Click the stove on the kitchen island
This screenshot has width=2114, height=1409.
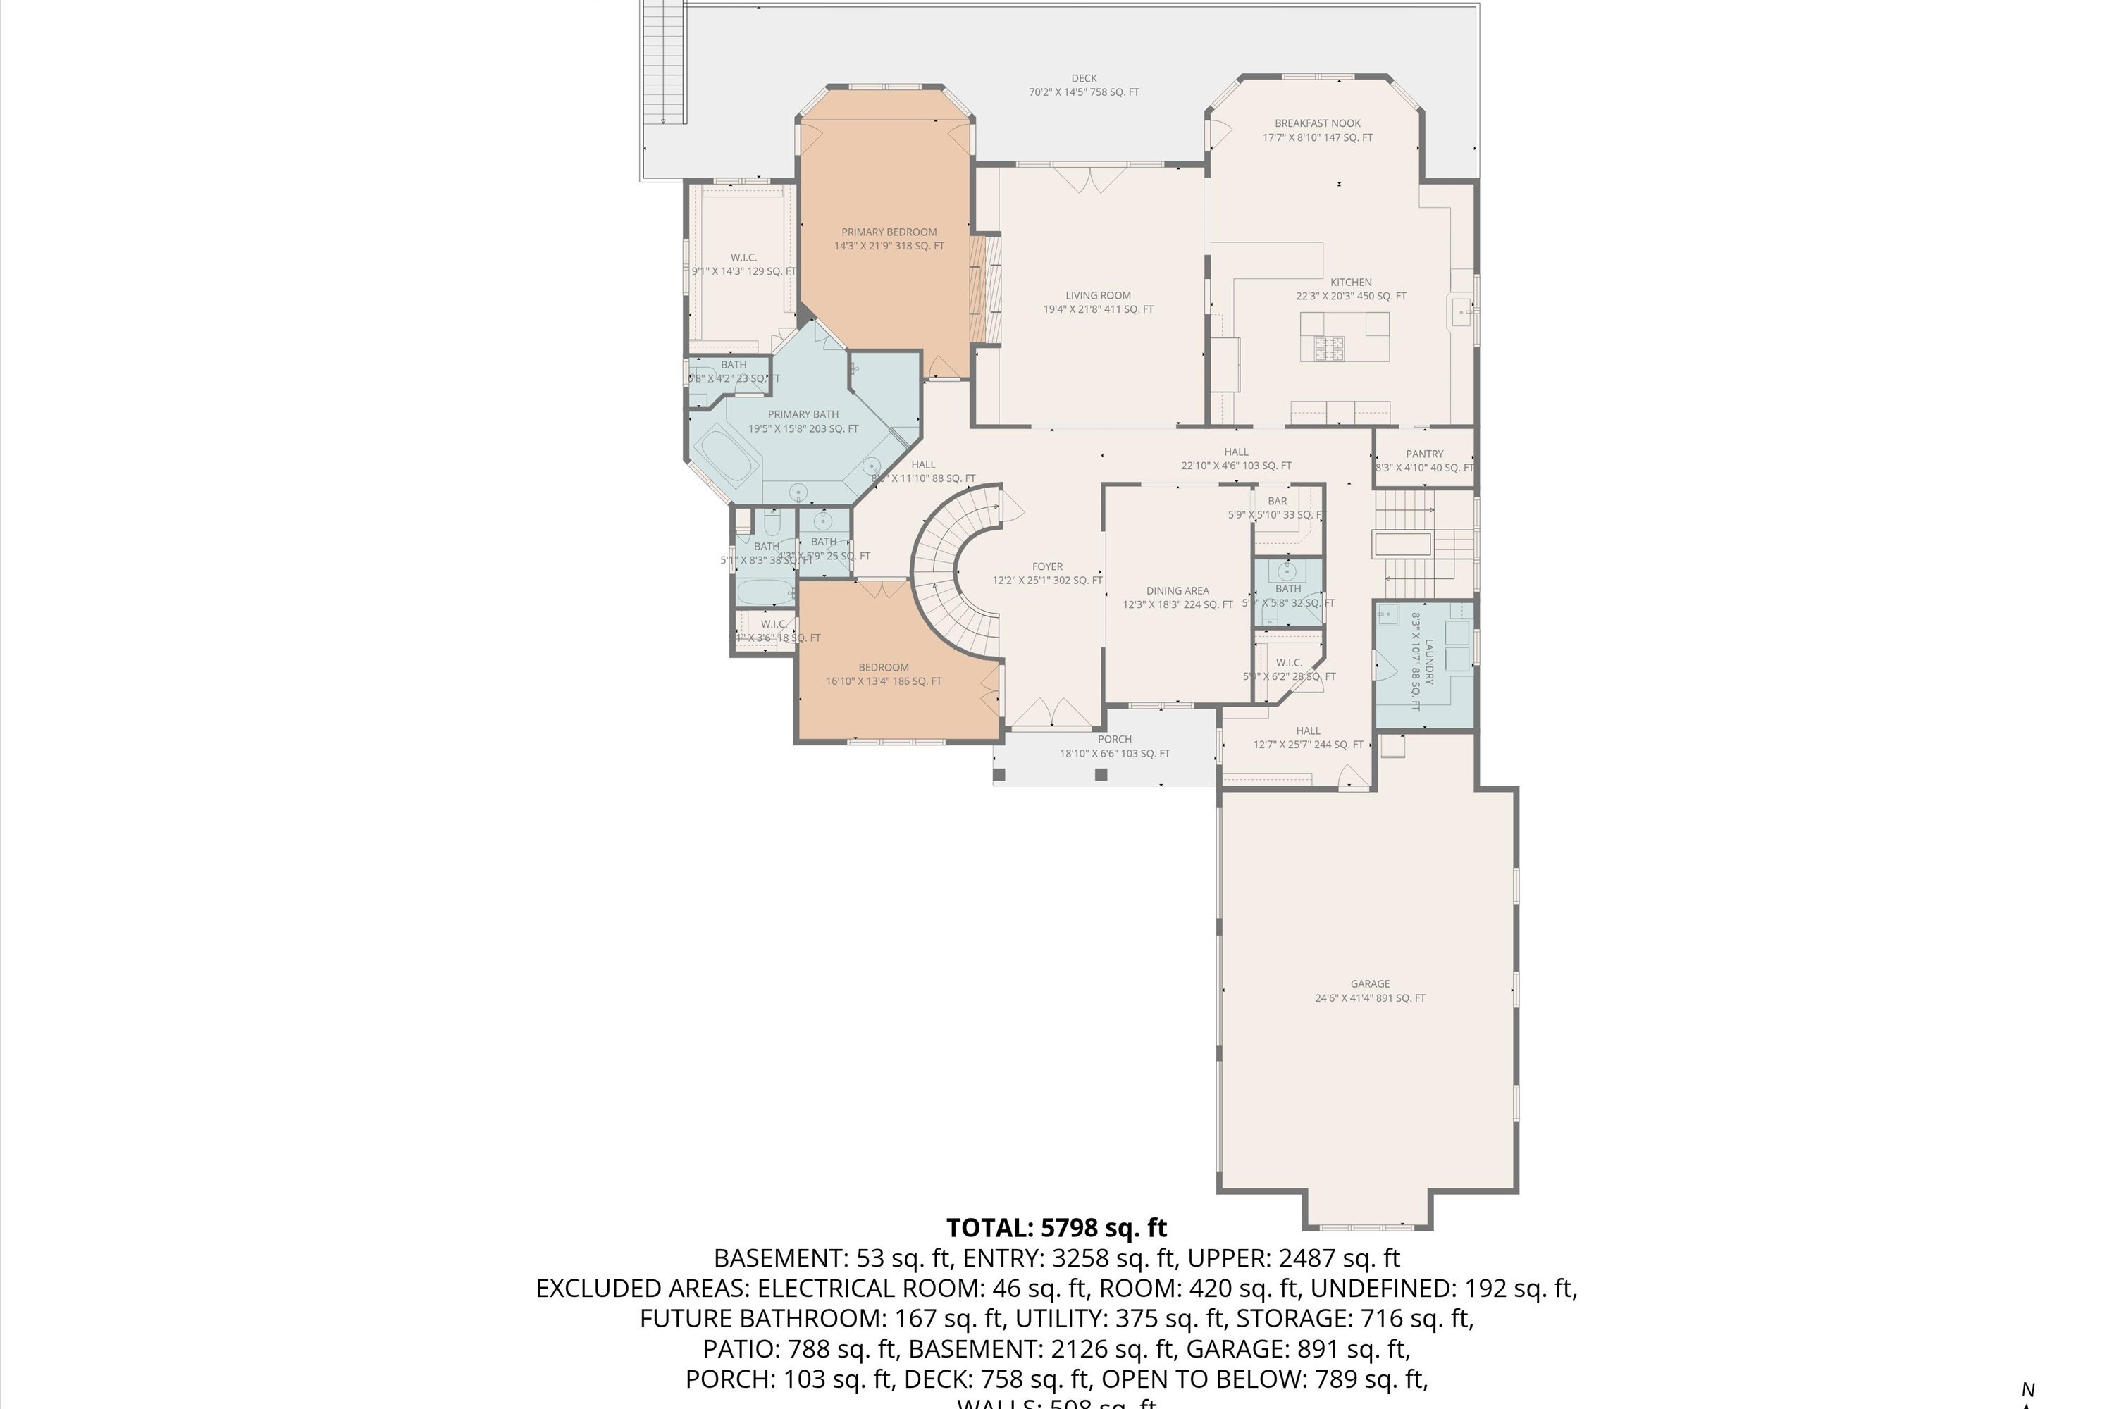point(1328,349)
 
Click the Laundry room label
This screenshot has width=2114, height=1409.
point(1428,663)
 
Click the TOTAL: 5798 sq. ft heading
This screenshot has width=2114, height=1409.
point(1056,1227)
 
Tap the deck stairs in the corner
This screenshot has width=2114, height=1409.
point(665,63)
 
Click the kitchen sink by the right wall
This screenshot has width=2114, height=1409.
point(1461,314)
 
